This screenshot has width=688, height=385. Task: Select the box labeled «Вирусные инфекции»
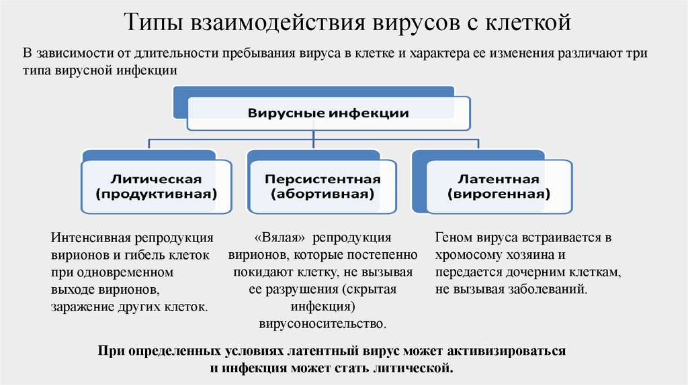click(x=328, y=113)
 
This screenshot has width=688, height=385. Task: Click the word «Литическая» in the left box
click(x=156, y=179)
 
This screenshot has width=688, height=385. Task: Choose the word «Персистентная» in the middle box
click(x=322, y=179)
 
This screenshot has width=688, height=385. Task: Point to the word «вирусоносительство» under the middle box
click(x=322, y=323)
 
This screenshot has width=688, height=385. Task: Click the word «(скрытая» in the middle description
click(x=370, y=290)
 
